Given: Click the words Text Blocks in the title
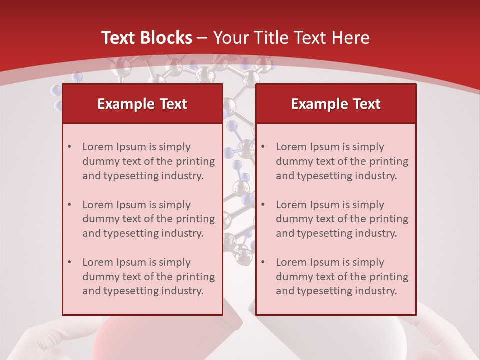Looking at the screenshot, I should (x=147, y=38).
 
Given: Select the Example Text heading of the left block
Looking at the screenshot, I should (x=142, y=104).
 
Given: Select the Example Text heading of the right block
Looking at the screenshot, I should (x=336, y=104).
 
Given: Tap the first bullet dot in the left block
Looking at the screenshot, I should (x=70, y=147).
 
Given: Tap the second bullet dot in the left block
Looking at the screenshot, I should (x=70, y=205).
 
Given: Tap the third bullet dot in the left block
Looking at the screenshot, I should (x=70, y=262).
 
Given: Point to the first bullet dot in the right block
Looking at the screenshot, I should (x=263, y=147).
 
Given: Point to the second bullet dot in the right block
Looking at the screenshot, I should (x=263, y=205).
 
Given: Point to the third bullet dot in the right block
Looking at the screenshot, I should (x=263, y=262).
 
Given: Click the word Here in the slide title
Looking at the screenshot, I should (x=353, y=38).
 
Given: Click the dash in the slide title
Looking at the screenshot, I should (x=202, y=38).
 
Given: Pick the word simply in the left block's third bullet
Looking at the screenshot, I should (x=174, y=262).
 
